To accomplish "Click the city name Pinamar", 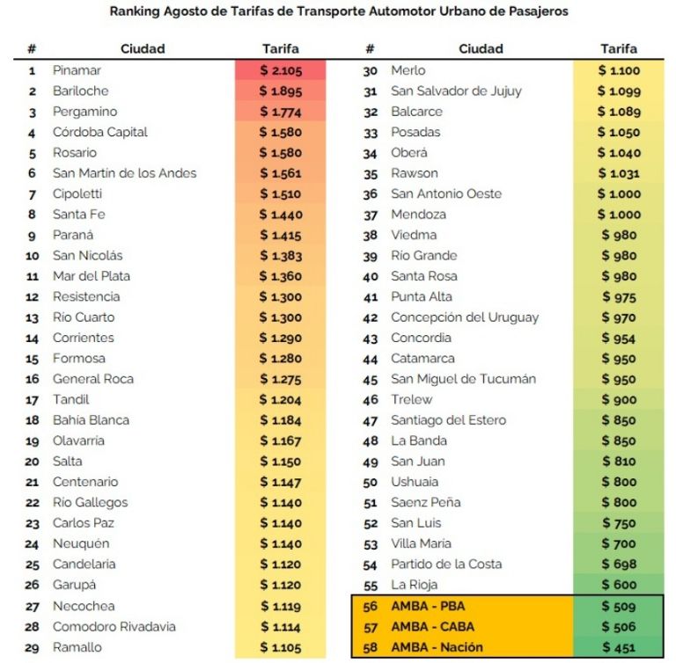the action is coord(77,70).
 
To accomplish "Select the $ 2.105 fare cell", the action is coord(281,70).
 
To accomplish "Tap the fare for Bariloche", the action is coord(281,91).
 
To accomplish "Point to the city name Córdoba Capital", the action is coord(100,132).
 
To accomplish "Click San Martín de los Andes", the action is coord(125,173).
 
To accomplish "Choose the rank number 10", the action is coord(33,256).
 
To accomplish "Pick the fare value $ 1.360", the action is coord(281,276).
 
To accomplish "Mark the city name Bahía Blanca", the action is coord(91,420).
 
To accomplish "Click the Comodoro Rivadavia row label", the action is coord(114,626).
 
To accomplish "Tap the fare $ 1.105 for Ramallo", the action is coord(281,647).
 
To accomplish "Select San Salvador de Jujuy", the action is coord(456,91).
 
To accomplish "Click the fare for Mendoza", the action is coord(619,215).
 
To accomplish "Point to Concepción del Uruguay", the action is coord(465,318).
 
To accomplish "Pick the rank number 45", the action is coord(371,380).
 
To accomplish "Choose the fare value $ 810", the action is coord(619,462).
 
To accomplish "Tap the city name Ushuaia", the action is coord(415,482).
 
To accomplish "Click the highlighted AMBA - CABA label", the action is coord(432,626).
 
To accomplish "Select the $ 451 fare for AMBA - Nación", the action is coord(619,647).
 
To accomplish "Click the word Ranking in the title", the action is coord(135,11).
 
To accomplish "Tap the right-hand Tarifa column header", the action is coord(619,48).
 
